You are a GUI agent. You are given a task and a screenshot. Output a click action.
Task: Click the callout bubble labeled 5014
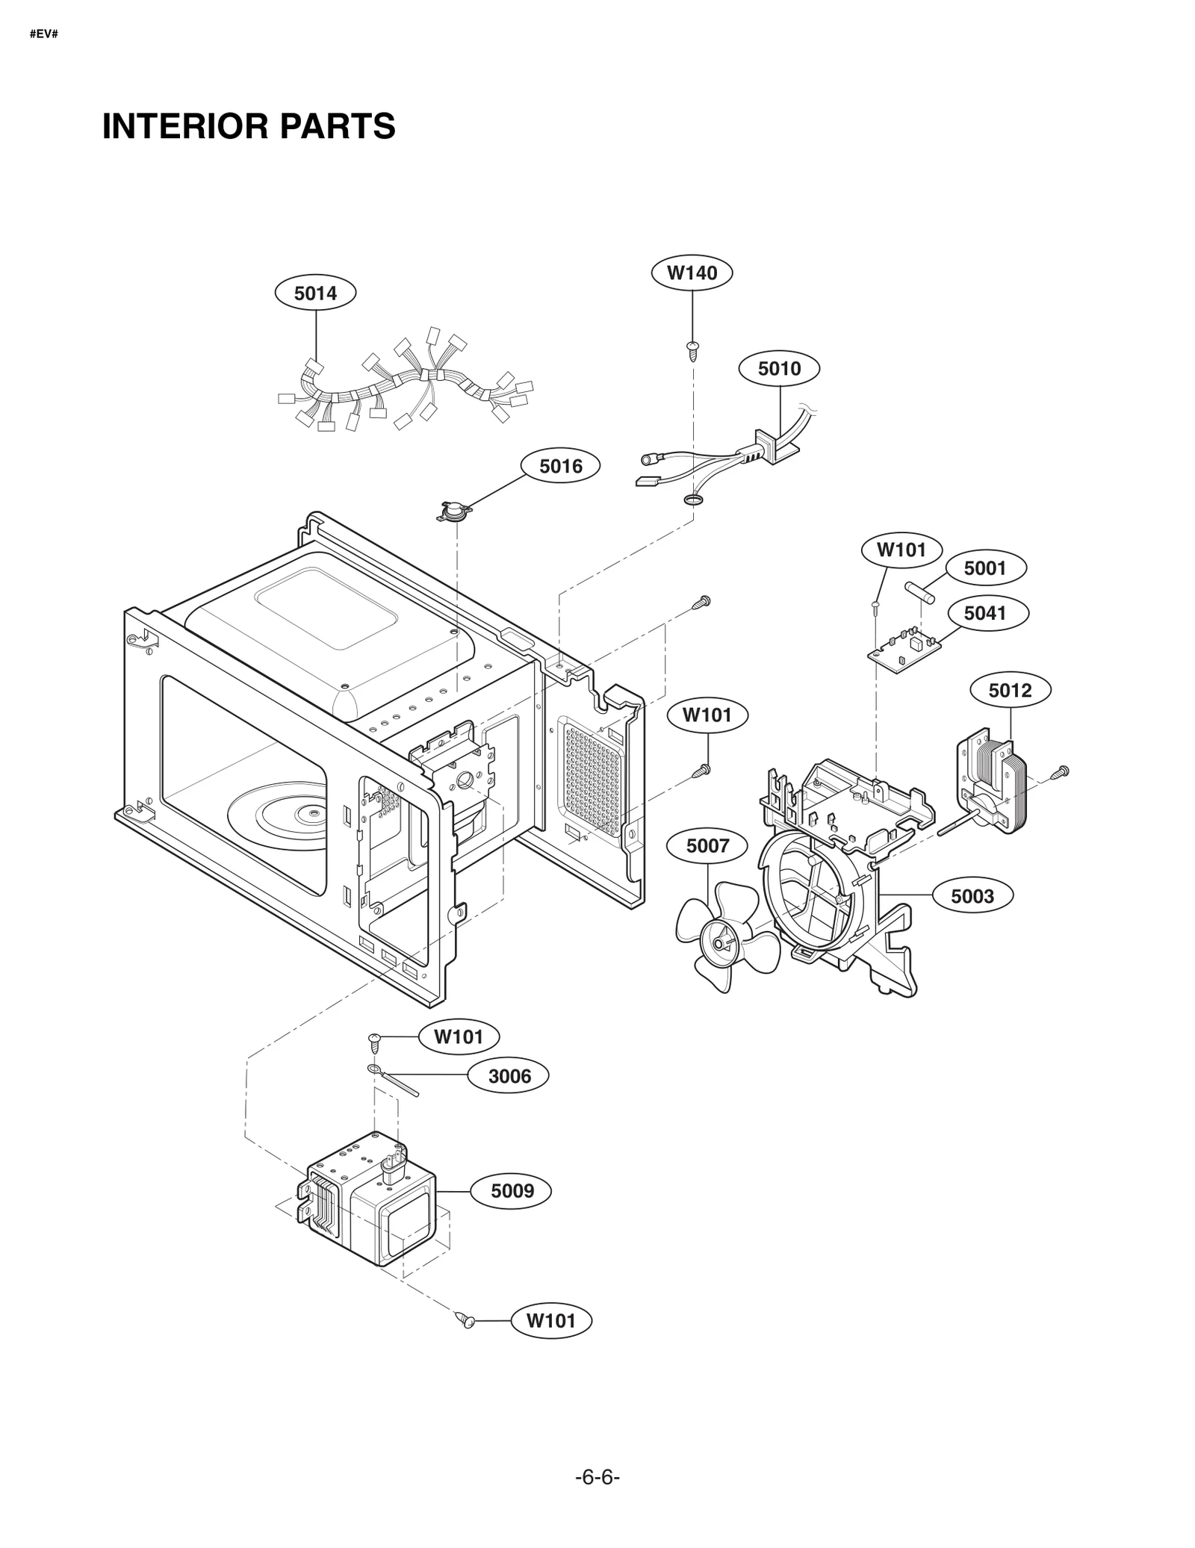pyautogui.click(x=315, y=293)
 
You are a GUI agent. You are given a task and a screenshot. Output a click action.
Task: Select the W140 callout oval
pyautogui.click(x=692, y=273)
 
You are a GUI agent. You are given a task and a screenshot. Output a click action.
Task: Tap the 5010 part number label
pyautogui.click(x=779, y=368)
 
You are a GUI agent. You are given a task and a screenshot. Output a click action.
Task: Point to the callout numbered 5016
pyautogui.click(x=560, y=466)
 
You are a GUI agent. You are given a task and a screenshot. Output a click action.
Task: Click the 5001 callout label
pyautogui.click(x=985, y=568)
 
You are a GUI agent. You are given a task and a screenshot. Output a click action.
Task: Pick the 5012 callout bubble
pyautogui.click(x=1010, y=690)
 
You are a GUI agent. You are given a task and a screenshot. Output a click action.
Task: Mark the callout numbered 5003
pyautogui.click(x=972, y=896)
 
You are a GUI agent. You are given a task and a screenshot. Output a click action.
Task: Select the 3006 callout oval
pyautogui.click(x=509, y=1076)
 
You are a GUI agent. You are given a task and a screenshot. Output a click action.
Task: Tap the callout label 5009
pyautogui.click(x=512, y=1190)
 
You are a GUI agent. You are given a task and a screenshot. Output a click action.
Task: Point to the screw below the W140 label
pyautogui.click(x=692, y=349)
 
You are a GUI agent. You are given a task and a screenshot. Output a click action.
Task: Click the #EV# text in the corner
pyautogui.click(x=44, y=34)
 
